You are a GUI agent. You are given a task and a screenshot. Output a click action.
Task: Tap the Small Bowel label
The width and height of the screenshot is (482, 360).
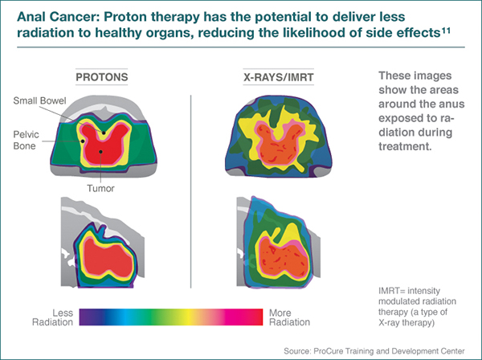coord(37,100)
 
